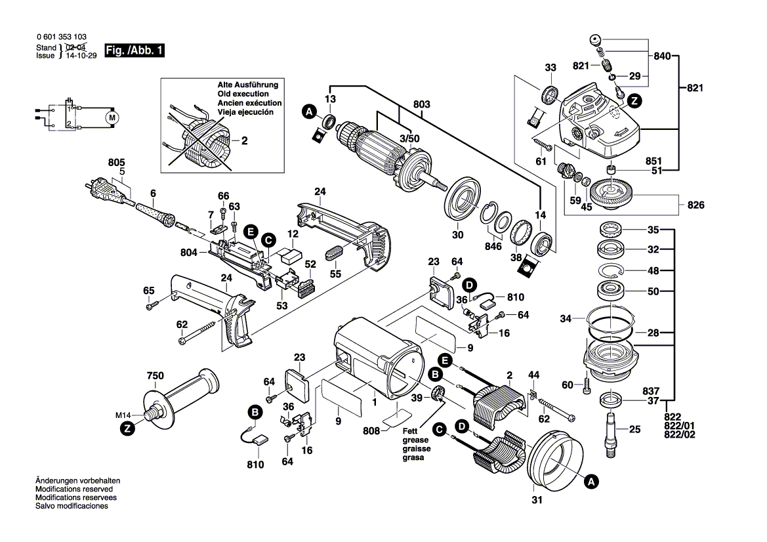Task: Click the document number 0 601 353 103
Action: (61, 38)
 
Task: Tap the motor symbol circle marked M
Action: (112, 117)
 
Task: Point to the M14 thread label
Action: (124, 415)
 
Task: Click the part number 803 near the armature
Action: (422, 104)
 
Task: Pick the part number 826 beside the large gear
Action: (695, 205)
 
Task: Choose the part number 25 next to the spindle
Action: (634, 430)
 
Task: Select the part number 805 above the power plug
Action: (116, 162)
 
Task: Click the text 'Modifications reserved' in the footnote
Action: (73, 490)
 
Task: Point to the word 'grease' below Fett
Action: (416, 440)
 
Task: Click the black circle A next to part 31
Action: (591, 482)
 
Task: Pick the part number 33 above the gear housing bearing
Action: (550, 68)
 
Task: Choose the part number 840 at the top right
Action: (663, 57)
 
